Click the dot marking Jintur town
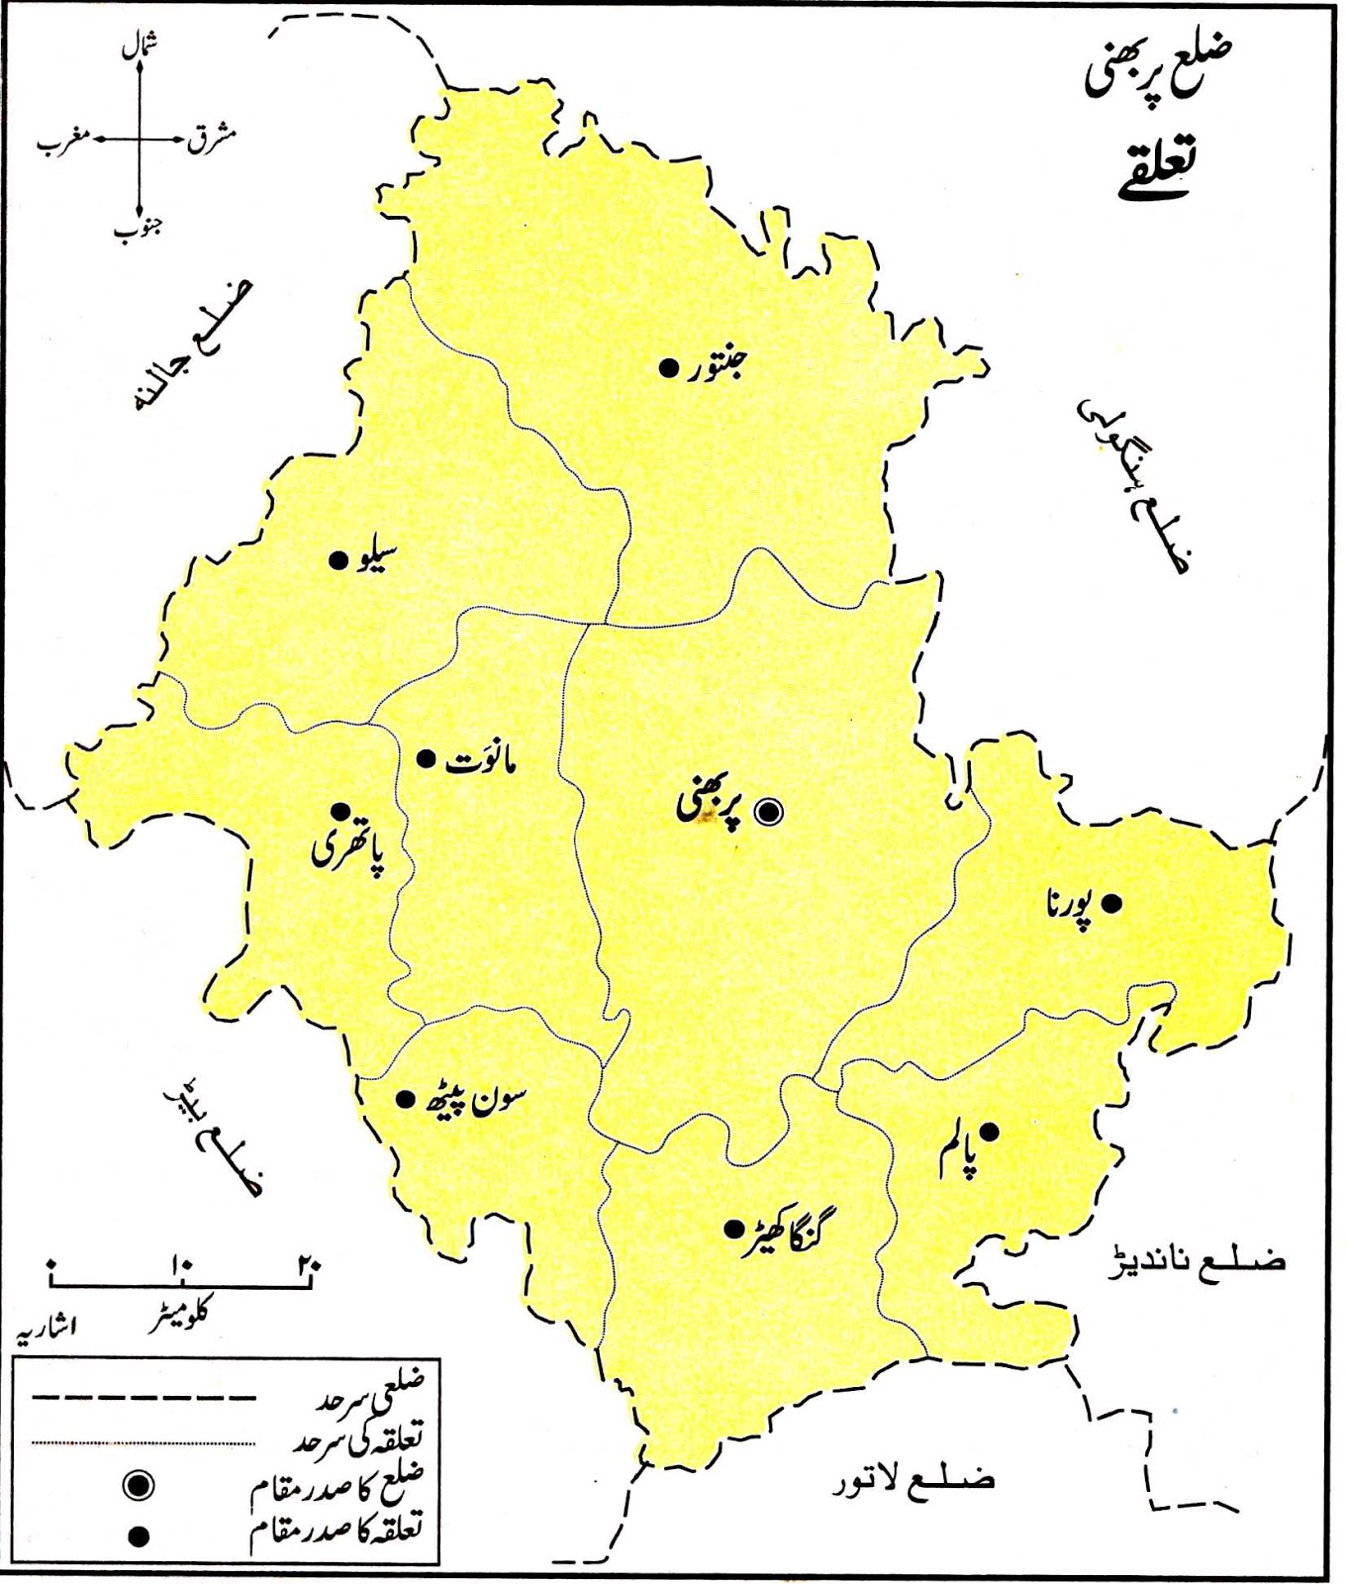pyautogui.click(x=667, y=367)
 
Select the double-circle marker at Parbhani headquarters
pyautogui.click(x=768, y=812)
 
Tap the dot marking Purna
pyautogui.click(x=1111, y=903)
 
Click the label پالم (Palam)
pyautogui.click(x=958, y=1152)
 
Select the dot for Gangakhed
pyautogui.click(x=733, y=1229)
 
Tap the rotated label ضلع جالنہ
pyautogui.click(x=192, y=346)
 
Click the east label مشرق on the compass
pyautogui.click(x=211, y=139)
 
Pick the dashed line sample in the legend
pyautogui.click(x=144, y=1398)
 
